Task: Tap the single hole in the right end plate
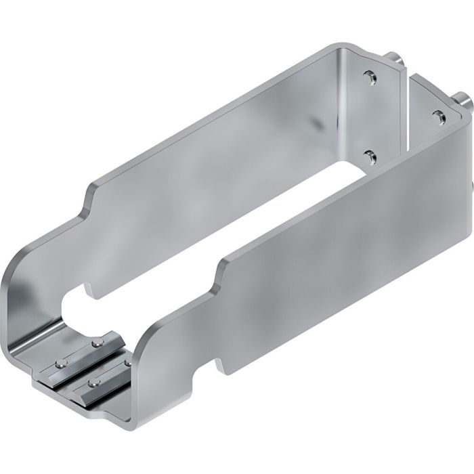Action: pos(437,116)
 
